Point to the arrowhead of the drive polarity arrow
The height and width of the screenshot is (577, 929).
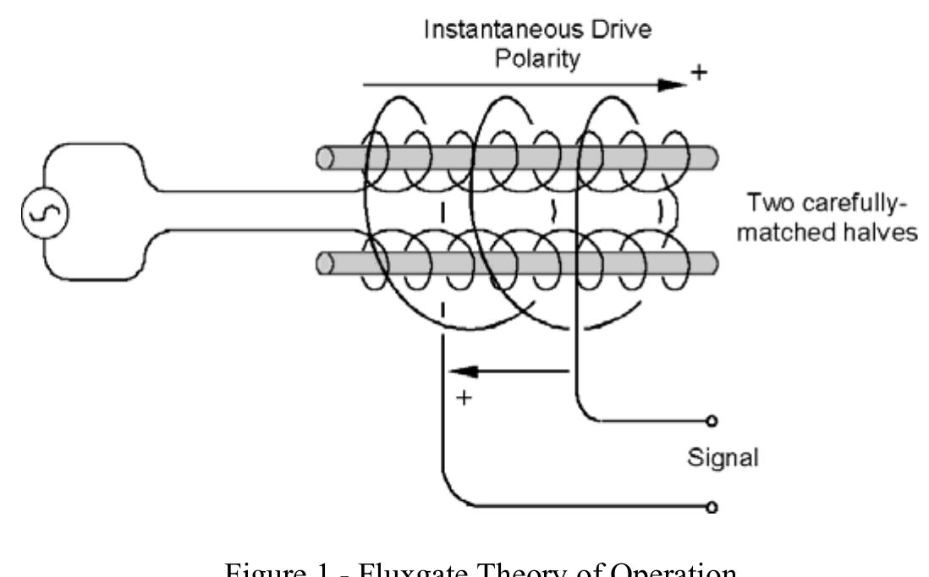(672, 85)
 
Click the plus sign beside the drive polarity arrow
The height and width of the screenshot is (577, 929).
(699, 74)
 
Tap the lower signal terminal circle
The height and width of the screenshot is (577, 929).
(713, 508)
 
